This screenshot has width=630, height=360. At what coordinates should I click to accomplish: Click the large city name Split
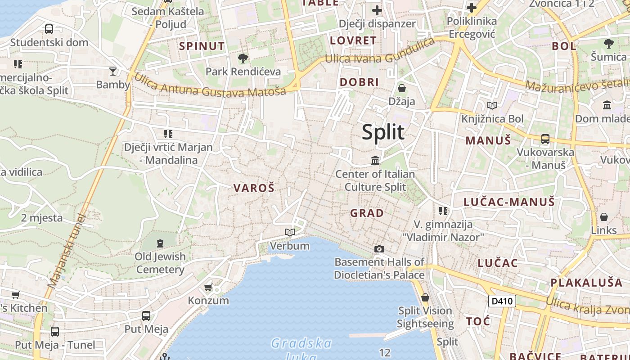pos(383,132)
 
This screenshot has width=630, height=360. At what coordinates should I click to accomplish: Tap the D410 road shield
pos(502,301)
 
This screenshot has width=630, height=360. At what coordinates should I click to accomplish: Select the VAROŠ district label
pos(254,188)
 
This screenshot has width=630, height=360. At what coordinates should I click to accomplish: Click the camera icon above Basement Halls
pos(379,249)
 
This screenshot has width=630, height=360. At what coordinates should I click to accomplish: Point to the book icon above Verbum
pos(290,233)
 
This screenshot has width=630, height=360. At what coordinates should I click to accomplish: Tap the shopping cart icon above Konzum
pos(208,287)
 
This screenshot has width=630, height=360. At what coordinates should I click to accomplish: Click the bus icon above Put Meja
pos(146,316)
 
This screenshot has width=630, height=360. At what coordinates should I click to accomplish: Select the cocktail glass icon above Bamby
pos(112,71)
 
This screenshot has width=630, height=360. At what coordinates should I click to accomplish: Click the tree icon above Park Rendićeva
pos(243,58)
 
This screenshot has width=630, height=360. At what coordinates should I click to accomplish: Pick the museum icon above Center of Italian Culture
pos(375,160)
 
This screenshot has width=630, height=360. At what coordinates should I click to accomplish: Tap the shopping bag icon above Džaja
pos(402,88)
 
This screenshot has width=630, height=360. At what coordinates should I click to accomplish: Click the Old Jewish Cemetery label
pos(160,263)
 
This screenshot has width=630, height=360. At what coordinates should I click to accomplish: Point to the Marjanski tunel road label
pos(67,251)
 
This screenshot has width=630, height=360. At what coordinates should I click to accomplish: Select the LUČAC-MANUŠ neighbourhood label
pos(509,202)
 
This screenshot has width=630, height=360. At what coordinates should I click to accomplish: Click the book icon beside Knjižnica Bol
pos(493,106)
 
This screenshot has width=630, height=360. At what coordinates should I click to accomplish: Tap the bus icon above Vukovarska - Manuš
pos(545,139)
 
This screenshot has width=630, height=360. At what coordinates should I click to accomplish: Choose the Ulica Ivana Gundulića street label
pos(380,52)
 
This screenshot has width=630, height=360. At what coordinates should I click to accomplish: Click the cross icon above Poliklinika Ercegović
pos(472,8)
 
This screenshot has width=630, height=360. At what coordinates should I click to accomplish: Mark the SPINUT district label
pos(202,46)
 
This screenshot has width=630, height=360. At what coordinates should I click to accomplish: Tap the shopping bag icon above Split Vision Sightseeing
pos(425,297)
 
